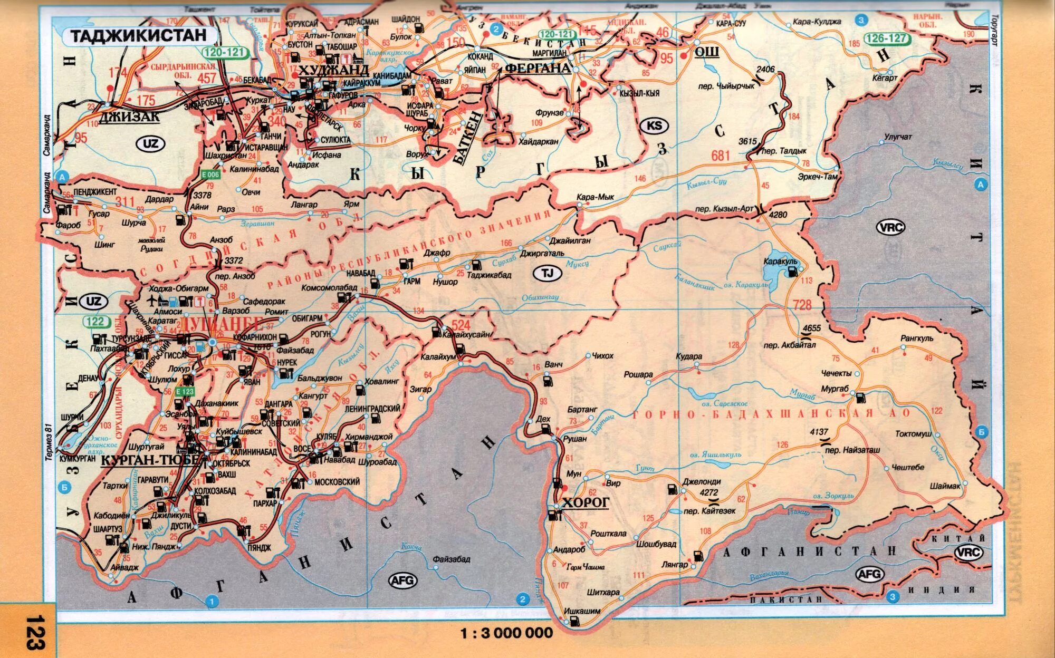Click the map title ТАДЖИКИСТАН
[x=139, y=36]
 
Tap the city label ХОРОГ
[x=586, y=502]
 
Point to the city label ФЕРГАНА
[x=538, y=68]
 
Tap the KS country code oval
[x=654, y=125]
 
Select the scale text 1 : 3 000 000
[x=507, y=633]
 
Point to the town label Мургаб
[x=835, y=389]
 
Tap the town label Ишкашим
[x=582, y=611]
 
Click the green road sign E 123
[x=185, y=391]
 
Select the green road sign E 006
[x=209, y=175]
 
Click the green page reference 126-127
[x=886, y=38]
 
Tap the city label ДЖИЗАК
[x=129, y=117]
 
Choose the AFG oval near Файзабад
[x=403, y=581]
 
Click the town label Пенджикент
[x=95, y=191]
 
